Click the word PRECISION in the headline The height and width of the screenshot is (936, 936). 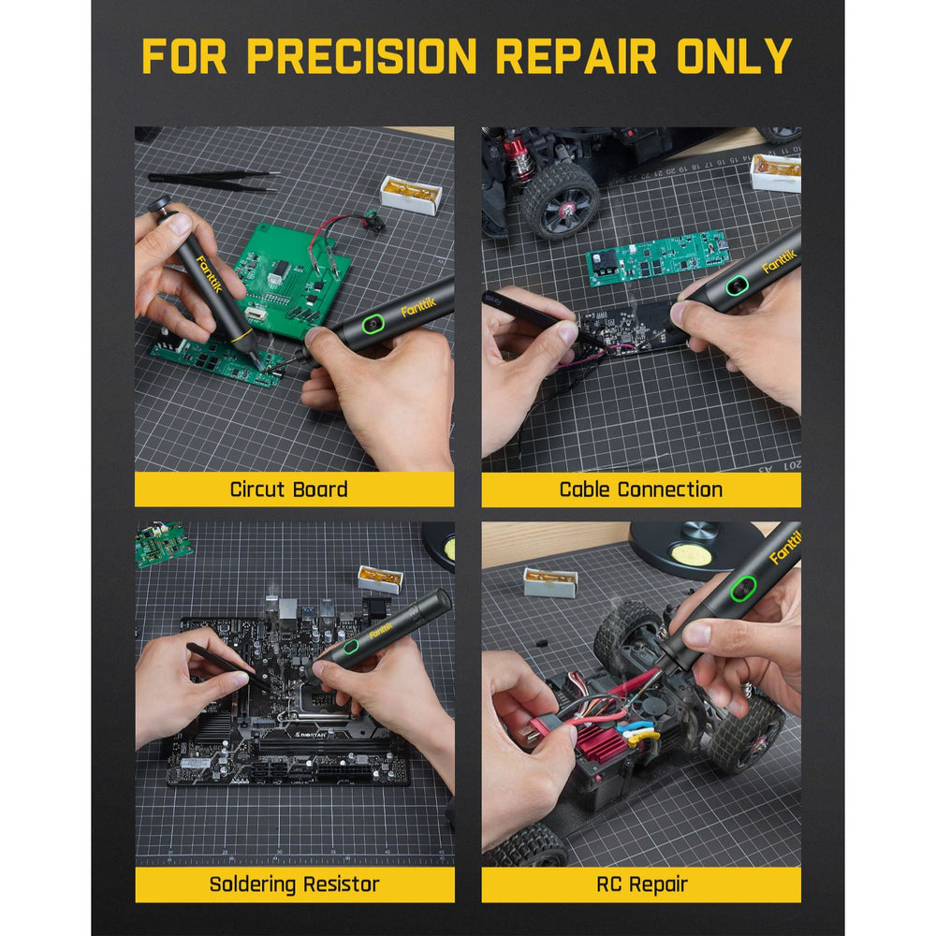point(361,56)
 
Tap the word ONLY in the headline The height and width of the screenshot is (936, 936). point(734,56)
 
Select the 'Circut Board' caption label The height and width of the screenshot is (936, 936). point(289,490)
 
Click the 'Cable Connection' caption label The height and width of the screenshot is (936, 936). point(640,490)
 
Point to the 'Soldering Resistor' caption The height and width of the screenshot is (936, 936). point(294,885)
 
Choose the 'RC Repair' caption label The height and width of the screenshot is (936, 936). point(642,885)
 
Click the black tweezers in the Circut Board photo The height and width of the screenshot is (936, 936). point(213,181)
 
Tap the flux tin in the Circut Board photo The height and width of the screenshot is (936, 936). point(411,195)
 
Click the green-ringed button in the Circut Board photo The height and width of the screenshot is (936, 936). point(373,325)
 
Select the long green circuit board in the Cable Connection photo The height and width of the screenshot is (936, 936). point(657,258)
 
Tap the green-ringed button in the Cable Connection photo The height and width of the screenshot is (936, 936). point(738,285)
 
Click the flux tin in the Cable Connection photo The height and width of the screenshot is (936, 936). point(775,172)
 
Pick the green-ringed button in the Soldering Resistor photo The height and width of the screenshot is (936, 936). point(350,646)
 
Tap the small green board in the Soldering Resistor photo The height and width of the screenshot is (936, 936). point(162,543)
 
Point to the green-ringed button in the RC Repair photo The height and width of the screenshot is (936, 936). point(742,589)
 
